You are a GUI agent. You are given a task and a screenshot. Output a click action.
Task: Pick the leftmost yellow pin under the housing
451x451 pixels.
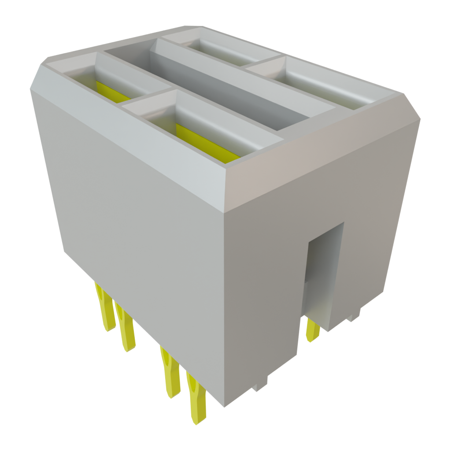(105, 308)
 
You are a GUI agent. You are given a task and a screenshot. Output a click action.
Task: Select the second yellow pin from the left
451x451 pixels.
(126, 330)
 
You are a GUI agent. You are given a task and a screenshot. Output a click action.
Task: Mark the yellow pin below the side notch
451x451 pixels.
(313, 330)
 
